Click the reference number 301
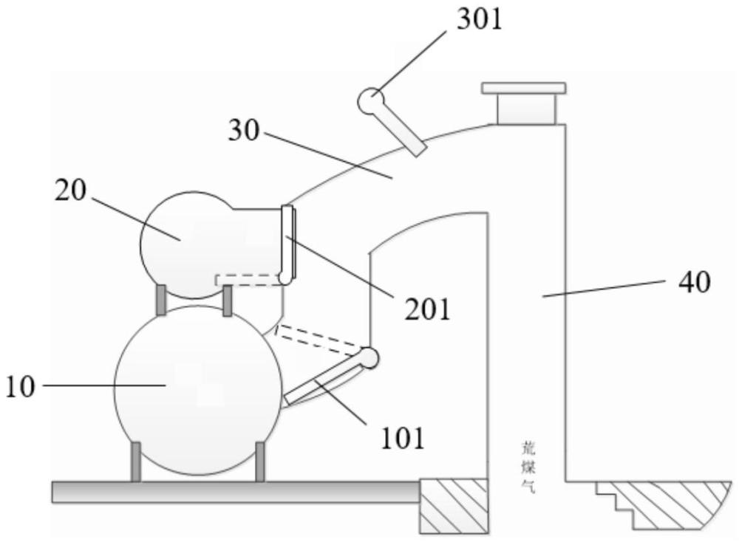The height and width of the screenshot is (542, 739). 478,21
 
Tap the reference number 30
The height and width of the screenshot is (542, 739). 244,131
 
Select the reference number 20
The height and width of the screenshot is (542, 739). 71,191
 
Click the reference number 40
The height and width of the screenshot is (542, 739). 694,282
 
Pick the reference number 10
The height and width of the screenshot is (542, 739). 23,386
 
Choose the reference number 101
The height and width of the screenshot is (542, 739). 402,439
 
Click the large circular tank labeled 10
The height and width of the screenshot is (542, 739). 197,389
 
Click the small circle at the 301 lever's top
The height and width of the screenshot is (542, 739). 370,100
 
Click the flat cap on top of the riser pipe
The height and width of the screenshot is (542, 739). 524,89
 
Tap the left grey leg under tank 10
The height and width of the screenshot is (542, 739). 136,461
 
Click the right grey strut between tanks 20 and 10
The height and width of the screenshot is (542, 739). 228,298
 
